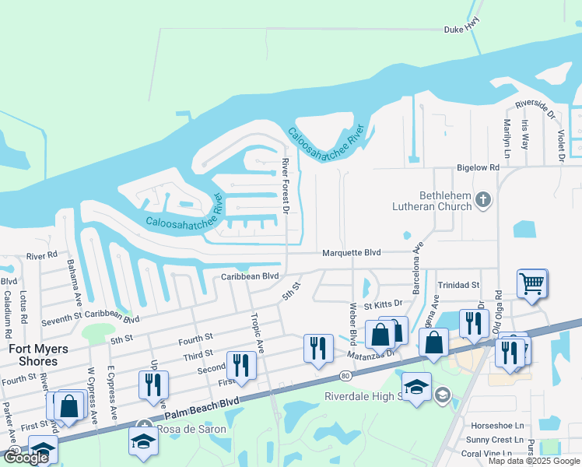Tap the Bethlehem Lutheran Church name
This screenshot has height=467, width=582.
tap(434, 200)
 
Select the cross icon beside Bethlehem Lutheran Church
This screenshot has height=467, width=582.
tap(483, 200)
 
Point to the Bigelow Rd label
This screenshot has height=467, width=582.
tap(477, 167)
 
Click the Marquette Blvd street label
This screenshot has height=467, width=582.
tap(352, 252)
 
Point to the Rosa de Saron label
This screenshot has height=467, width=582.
tap(191, 429)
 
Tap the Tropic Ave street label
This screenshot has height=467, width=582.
tap(256, 332)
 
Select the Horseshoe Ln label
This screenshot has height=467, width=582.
tap(498, 426)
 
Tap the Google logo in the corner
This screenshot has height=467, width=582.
tap(25, 458)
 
